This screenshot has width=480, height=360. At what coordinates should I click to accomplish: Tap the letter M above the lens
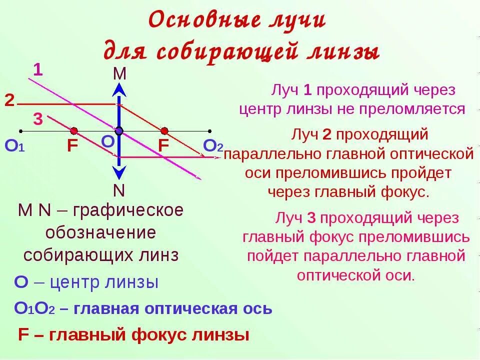(x=119, y=74)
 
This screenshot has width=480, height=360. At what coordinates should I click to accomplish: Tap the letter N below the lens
(x=119, y=191)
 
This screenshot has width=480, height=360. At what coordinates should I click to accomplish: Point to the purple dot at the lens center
(x=119, y=131)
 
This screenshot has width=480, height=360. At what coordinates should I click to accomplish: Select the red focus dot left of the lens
(x=74, y=131)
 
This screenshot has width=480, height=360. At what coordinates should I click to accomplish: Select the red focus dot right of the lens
(x=164, y=131)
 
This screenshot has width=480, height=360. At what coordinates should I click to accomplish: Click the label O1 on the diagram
(x=14, y=146)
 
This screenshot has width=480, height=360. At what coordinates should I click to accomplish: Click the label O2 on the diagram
(x=213, y=145)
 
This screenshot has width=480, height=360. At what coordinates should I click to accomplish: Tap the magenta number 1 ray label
(x=38, y=70)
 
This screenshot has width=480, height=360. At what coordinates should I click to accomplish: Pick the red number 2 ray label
(x=9, y=100)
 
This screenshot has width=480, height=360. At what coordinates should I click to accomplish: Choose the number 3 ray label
(x=38, y=120)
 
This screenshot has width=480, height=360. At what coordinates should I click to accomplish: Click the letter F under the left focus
(x=72, y=146)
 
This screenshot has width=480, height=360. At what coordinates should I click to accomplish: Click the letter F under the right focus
(x=164, y=146)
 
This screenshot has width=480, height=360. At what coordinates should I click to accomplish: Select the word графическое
(x=128, y=210)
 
